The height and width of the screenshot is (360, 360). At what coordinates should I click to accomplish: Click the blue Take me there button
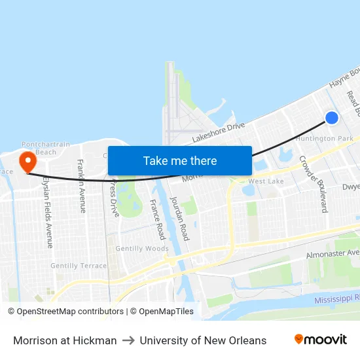(x=179, y=160)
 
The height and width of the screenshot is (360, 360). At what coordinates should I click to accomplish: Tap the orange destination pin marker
(x=27, y=162)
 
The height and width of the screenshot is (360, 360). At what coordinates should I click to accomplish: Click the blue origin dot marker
(x=332, y=118)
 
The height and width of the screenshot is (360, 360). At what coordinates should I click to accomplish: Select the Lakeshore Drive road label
(x=218, y=131)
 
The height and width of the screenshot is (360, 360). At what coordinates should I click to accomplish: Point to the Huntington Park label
(x=324, y=139)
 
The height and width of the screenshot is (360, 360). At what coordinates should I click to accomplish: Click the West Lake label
(x=266, y=181)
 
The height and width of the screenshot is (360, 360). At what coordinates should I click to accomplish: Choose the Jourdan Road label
(x=179, y=218)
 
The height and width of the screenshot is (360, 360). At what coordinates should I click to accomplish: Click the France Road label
(x=158, y=219)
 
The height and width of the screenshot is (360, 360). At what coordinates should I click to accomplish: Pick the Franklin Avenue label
(x=82, y=186)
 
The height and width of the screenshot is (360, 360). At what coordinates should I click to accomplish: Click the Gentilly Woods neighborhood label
(x=142, y=249)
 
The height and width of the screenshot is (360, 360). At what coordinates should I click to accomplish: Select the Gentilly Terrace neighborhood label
(x=78, y=266)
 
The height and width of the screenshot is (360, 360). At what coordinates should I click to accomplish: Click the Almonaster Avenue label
(x=333, y=253)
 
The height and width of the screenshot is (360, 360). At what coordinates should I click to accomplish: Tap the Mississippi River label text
(x=337, y=299)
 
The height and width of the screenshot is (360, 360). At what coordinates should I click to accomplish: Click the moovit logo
(x=320, y=339)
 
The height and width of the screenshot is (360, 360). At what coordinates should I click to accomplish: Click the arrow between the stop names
(x=128, y=340)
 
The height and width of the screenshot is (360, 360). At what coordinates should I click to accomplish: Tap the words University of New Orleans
(x=203, y=340)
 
